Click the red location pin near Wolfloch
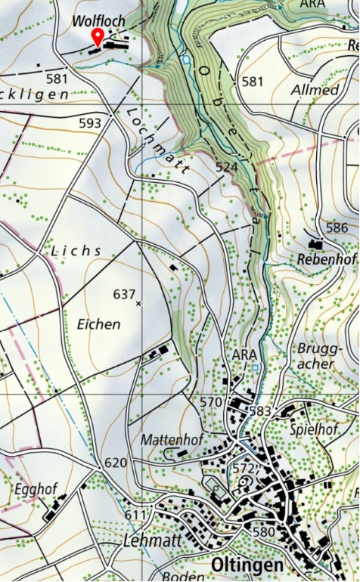[x=98, y=37]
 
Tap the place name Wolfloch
[x=98, y=20]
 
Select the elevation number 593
[x=89, y=122]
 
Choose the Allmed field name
[x=315, y=90]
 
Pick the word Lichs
[x=76, y=249]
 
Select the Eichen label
[x=98, y=324]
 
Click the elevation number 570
[x=213, y=401]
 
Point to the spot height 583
[x=259, y=410]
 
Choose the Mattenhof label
[x=166, y=438]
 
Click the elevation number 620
[x=116, y=463]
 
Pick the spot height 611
[x=135, y=514]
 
